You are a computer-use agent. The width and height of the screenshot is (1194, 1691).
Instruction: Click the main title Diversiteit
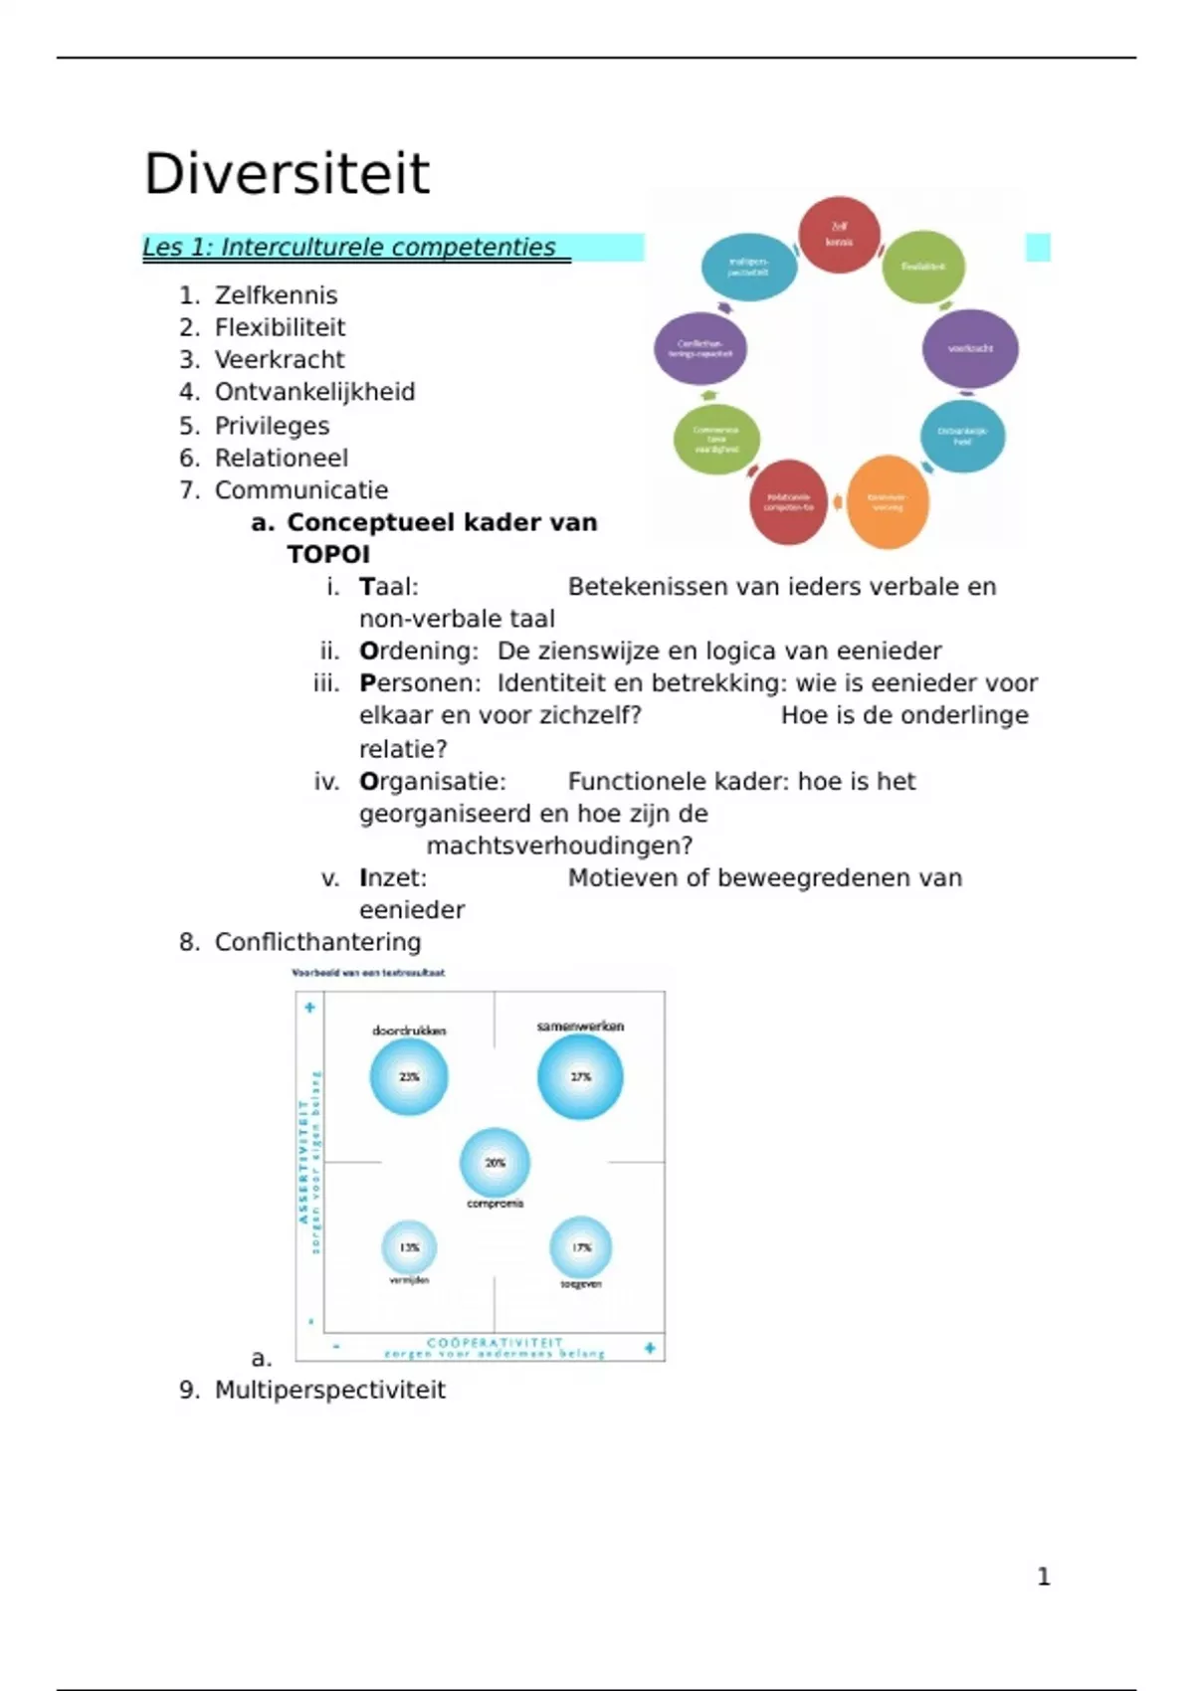pos(287,174)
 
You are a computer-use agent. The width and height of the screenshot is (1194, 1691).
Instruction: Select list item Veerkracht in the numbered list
pos(279,360)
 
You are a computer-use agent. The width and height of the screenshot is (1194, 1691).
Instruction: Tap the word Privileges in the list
pos(272,426)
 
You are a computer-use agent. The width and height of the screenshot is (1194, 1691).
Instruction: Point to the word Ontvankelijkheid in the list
pos(314,393)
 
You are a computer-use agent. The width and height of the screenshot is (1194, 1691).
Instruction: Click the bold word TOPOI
pos(328,555)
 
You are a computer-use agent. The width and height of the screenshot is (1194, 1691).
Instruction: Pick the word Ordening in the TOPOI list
pos(418,652)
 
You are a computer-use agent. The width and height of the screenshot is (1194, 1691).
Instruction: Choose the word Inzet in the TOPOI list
pos(392,878)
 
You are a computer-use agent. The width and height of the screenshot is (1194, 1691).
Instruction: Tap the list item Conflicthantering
pos(317,942)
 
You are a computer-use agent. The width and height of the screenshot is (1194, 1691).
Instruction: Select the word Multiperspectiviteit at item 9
pos(329,1390)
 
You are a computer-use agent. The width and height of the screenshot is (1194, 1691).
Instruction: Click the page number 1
pos(1043,1577)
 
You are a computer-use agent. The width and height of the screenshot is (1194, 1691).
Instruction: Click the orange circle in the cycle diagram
pos(887,502)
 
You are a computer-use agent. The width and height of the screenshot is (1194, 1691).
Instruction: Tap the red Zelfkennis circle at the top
pos(839,235)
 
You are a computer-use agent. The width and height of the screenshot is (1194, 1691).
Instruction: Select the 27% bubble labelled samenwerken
pos(580,1076)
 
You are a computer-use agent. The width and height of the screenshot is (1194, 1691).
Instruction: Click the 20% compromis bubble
pos(495,1163)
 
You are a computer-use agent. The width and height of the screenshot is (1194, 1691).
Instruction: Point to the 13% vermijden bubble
pos(409,1247)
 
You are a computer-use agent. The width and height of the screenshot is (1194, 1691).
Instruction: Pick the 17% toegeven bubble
pos(581,1247)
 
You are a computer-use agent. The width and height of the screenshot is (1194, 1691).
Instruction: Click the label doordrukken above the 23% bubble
pos(409,1031)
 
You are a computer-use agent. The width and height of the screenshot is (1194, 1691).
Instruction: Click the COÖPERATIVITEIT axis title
pos(495,1343)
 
